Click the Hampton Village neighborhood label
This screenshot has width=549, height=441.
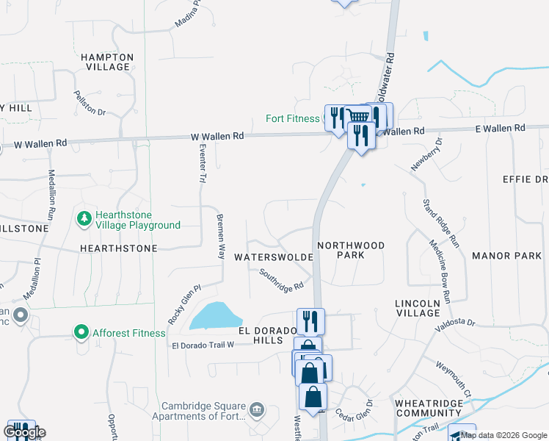click(x=107, y=62)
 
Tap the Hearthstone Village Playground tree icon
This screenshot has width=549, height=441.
click(x=84, y=219)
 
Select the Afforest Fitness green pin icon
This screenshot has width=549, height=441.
click(x=81, y=333)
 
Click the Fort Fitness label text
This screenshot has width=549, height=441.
click(x=294, y=118)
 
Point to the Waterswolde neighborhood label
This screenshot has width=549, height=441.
click(x=274, y=257)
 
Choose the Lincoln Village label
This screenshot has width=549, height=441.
click(x=418, y=308)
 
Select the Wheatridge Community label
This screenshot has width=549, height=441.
click(x=429, y=408)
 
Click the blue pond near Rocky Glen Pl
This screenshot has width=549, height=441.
click(x=215, y=317)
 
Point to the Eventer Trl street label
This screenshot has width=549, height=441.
click(x=203, y=163)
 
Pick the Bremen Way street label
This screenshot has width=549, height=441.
click(x=219, y=235)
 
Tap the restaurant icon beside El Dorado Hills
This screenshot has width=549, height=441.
click(x=310, y=320)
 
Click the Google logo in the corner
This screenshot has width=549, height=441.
click(x=23, y=431)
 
